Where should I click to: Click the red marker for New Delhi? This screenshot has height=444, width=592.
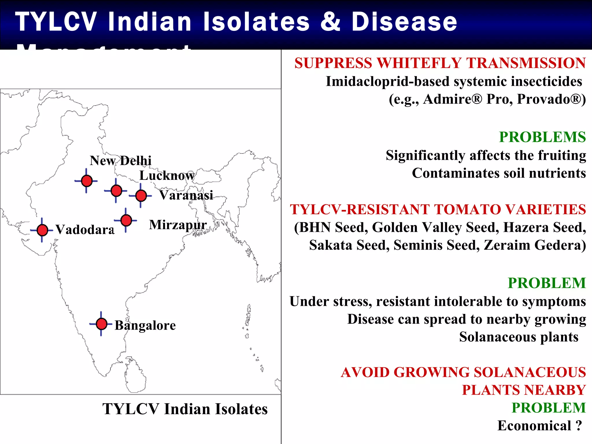[87, 181]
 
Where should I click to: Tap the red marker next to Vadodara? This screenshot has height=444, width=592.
[42, 230]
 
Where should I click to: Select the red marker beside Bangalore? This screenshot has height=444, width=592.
[101, 324]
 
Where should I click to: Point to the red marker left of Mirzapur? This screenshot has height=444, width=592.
[126, 220]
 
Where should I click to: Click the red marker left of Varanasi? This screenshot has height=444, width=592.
[141, 196]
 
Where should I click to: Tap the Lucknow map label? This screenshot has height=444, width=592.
[167, 175]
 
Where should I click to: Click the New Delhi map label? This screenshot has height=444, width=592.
[121, 160]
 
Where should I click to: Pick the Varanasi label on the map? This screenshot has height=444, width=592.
[186, 195]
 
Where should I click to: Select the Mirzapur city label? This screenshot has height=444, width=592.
[178, 225]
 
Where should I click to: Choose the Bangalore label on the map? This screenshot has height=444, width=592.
[145, 325]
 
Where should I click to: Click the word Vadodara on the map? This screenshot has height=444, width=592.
[85, 230]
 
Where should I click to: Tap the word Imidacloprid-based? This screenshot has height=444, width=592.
[387, 82]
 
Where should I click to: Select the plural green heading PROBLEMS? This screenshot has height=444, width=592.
[542, 137]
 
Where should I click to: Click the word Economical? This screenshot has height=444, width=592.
[534, 425]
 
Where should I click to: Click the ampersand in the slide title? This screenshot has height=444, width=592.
[330, 22]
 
